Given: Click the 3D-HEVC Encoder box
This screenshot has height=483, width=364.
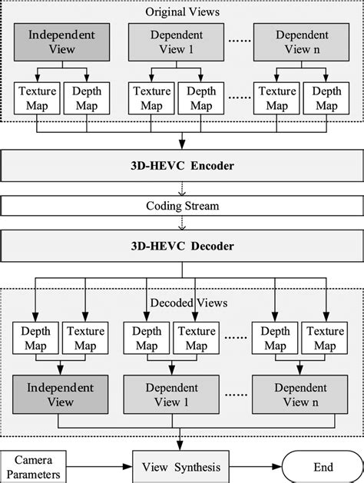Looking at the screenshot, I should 181,165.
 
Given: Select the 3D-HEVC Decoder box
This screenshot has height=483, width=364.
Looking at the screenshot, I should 181,246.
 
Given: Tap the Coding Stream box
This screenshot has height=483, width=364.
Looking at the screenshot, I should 181,206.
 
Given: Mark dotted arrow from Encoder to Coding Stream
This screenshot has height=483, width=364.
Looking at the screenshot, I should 181,187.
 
